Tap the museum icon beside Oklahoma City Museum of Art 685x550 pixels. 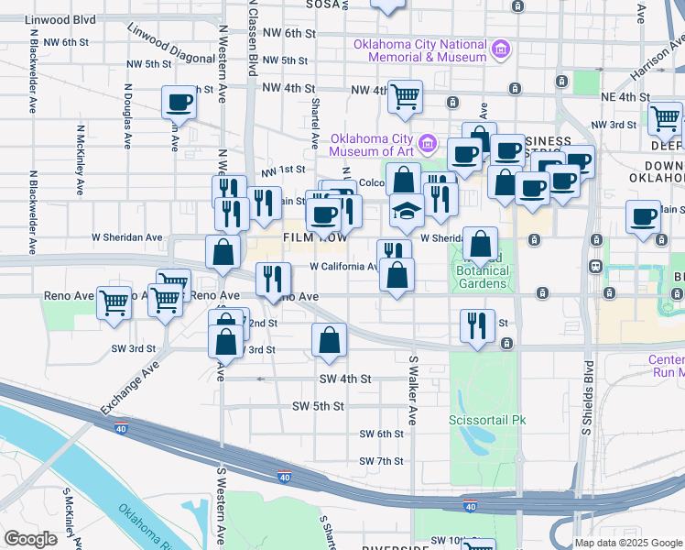coord(427,143)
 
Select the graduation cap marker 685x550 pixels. coord(407,211)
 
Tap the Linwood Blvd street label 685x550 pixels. coord(60,19)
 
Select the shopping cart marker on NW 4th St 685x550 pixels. coord(405,96)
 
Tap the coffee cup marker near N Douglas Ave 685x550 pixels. coord(179,102)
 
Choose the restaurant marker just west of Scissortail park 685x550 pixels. coord(477,327)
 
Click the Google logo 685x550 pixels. coord(30,539)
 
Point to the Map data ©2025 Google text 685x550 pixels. coord(628,543)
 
